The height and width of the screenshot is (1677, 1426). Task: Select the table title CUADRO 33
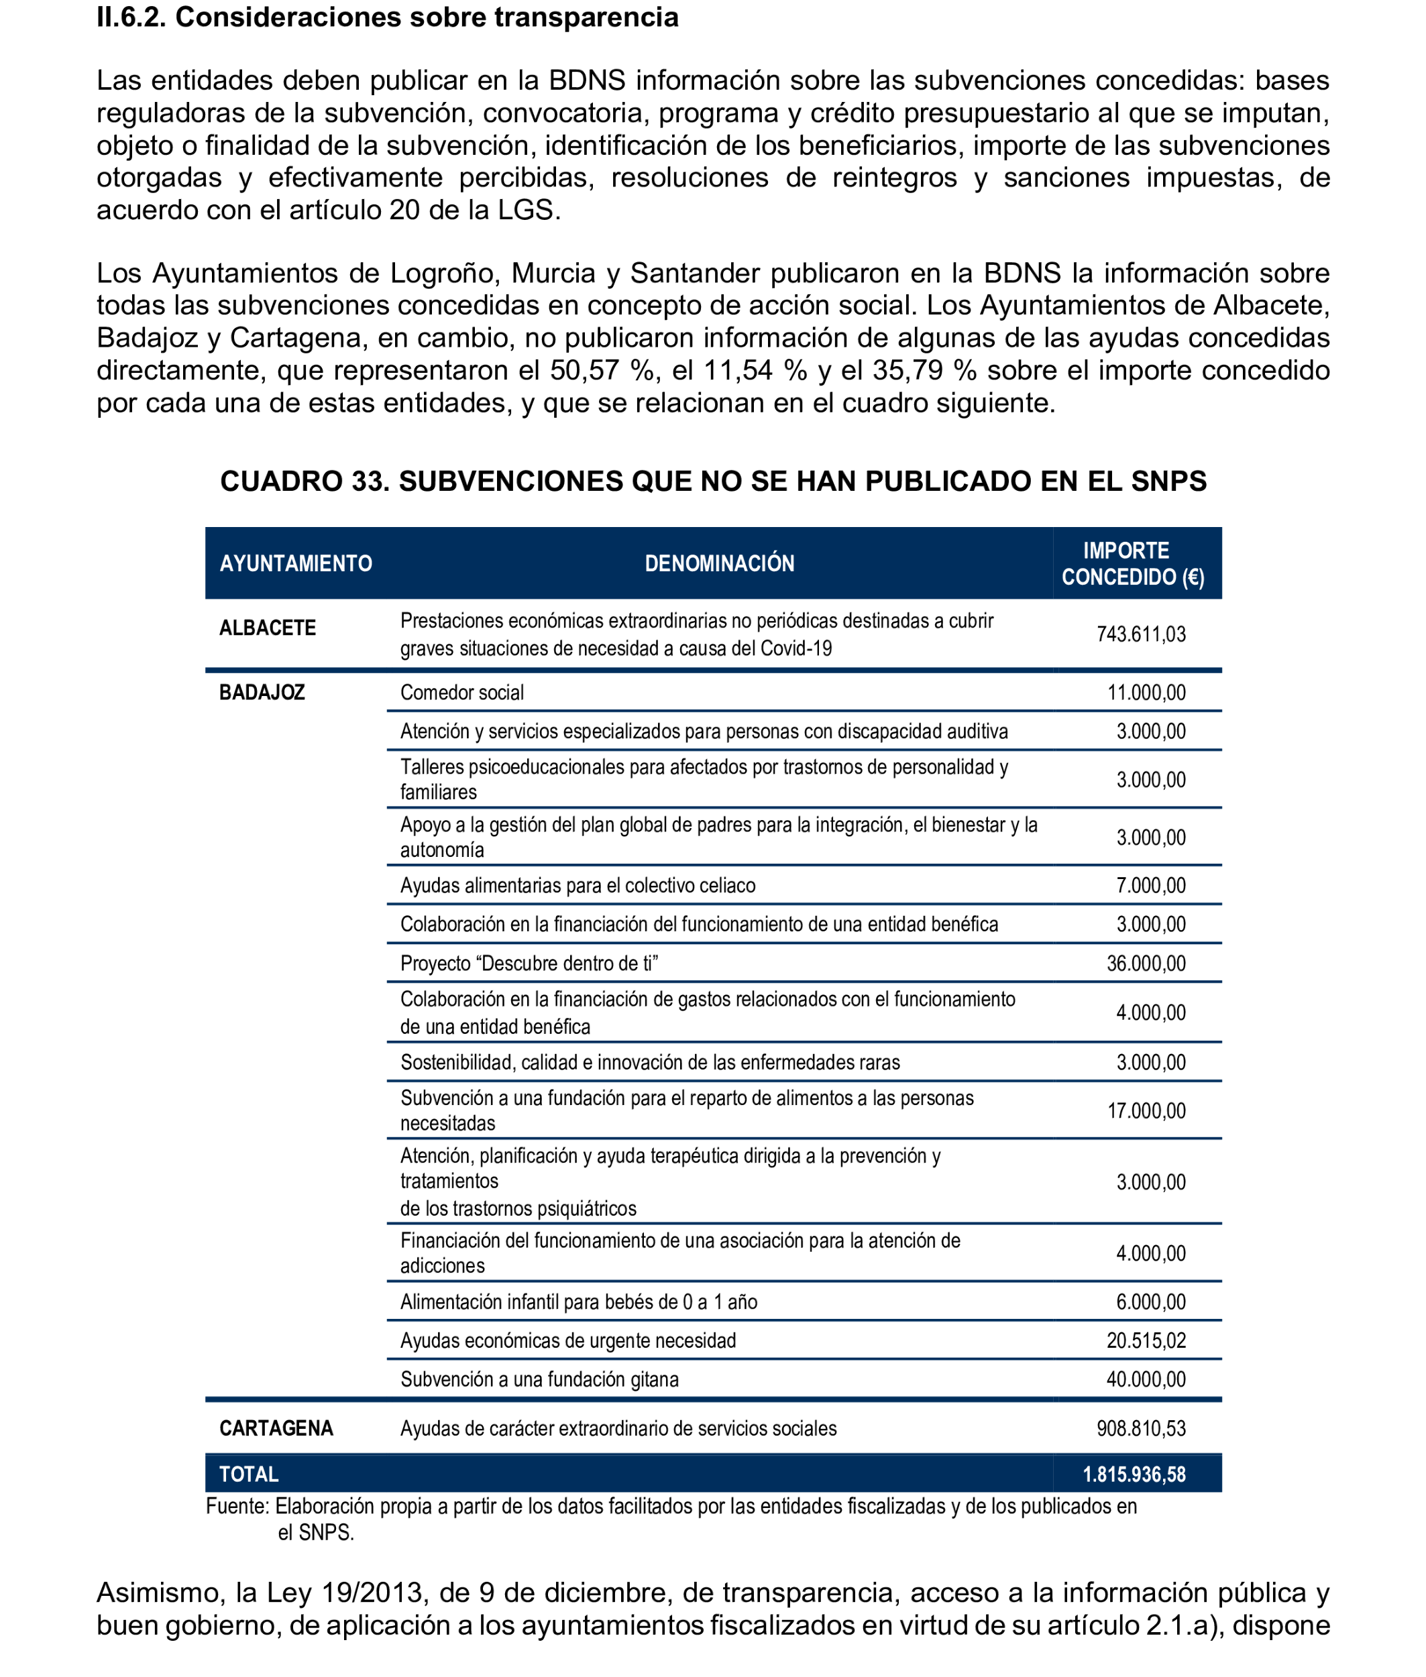[x=712, y=481]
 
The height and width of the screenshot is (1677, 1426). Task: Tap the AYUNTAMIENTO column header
[x=295, y=563]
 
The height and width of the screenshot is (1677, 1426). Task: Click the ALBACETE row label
[x=267, y=628]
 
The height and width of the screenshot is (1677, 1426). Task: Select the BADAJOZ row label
[x=261, y=693]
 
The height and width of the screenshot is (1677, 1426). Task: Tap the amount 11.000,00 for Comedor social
[x=1146, y=693]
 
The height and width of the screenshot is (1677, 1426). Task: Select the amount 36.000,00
[x=1146, y=964]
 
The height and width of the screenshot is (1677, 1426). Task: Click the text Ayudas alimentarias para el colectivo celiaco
[x=578, y=886]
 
